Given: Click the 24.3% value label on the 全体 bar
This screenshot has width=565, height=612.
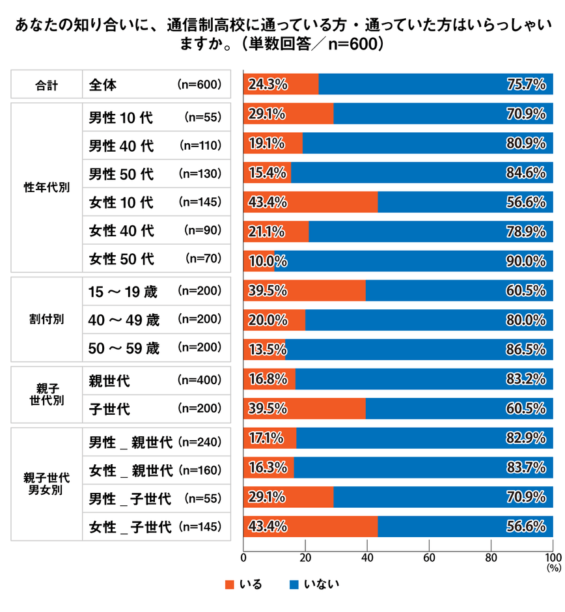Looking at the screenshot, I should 264,85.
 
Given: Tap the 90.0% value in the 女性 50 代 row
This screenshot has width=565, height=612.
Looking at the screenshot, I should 526,260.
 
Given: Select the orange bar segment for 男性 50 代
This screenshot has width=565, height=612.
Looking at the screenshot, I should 268,174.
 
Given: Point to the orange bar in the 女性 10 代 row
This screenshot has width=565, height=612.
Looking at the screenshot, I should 310,202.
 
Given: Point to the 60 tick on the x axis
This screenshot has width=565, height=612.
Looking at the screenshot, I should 429,557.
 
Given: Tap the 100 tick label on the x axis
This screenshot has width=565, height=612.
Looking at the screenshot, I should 552,557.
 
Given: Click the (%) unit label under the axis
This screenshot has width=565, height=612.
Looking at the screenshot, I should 553,568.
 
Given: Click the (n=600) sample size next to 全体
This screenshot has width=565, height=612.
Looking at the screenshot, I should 199,85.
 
